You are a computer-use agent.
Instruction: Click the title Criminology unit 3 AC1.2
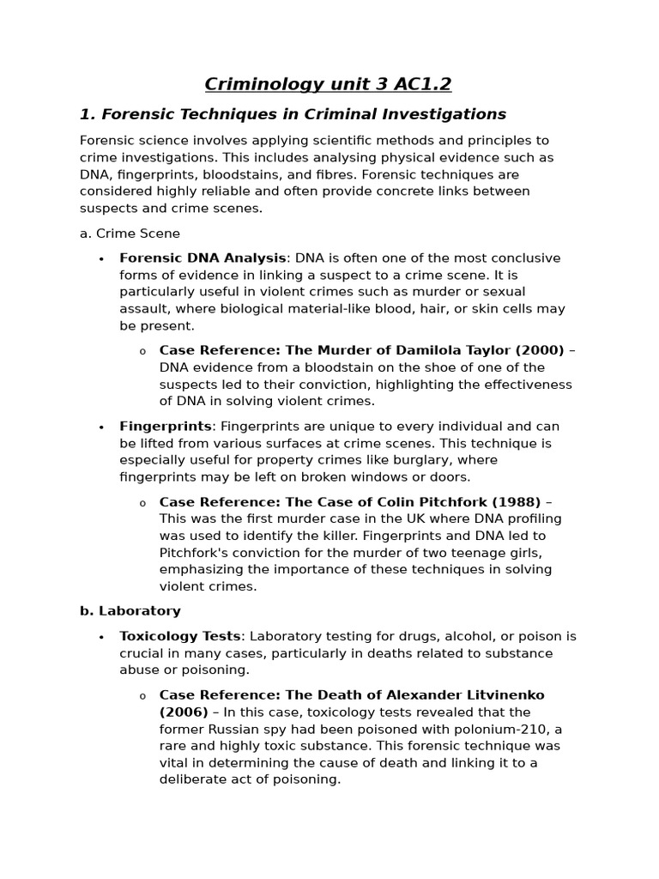328,84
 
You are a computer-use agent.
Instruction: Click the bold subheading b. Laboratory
130,611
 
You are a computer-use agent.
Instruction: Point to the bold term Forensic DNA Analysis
203,258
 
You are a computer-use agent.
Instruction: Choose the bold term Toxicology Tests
180,637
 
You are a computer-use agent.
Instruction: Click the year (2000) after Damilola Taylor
539,350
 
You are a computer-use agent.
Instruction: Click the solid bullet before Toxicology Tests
101,638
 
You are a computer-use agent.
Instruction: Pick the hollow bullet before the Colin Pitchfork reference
142,503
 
